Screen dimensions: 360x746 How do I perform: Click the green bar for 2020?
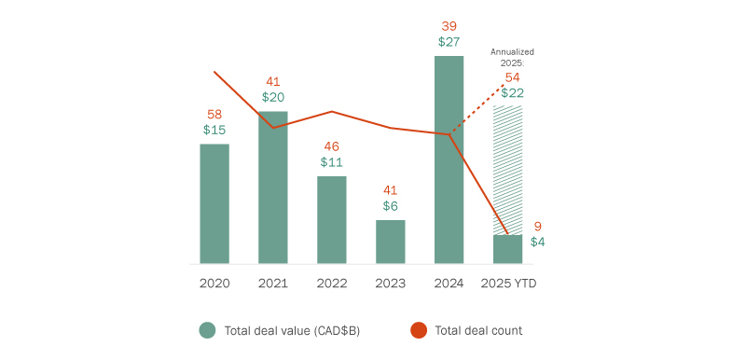(214, 203)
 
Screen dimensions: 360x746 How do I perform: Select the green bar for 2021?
(273, 187)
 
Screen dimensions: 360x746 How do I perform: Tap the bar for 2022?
(332, 219)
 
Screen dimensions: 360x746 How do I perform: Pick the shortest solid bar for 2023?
(391, 242)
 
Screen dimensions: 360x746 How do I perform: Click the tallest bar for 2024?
(449, 159)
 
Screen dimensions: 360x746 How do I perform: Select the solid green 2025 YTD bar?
(508, 249)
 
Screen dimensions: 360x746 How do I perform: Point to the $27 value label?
(449, 42)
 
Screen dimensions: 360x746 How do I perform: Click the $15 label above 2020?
(214, 130)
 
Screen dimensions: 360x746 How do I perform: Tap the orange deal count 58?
(214, 114)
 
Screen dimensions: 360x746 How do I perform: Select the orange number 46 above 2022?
(332, 146)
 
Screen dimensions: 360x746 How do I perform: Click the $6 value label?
(391, 205)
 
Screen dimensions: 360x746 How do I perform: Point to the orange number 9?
(538, 226)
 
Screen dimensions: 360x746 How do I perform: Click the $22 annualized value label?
(512, 92)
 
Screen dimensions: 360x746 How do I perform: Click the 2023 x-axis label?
(391, 283)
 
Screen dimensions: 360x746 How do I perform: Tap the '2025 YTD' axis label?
(508, 283)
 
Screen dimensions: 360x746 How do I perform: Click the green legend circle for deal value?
(207, 329)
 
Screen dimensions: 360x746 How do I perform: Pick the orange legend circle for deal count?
(419, 329)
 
